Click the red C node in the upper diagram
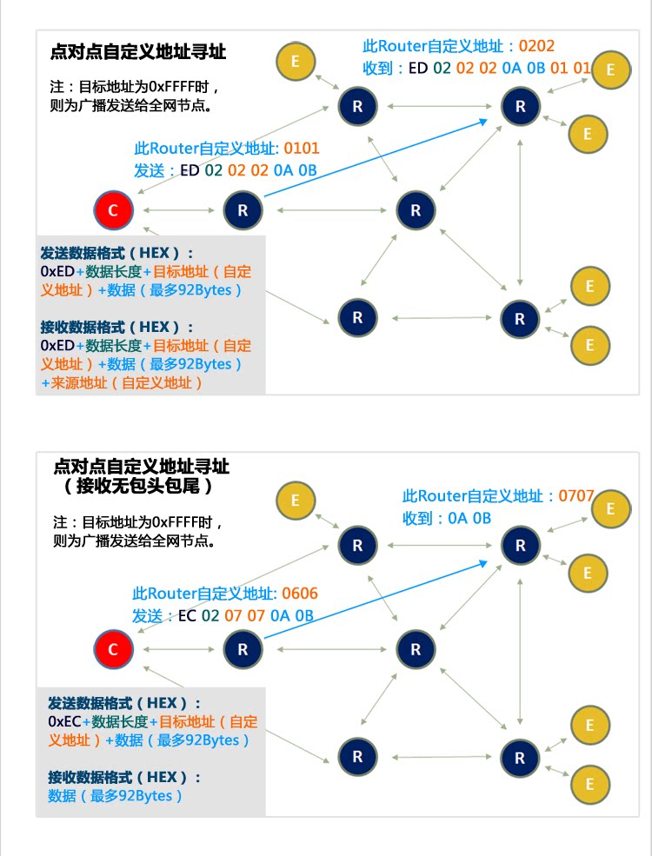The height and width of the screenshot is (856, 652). [113, 209]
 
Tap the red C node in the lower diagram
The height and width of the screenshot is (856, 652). [113, 649]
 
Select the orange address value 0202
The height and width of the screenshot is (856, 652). [536, 46]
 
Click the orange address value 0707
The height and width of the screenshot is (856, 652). [576, 496]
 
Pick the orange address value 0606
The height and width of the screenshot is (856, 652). [300, 594]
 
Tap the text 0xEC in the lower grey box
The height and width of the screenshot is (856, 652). [65, 722]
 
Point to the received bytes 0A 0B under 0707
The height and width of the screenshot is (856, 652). [469, 519]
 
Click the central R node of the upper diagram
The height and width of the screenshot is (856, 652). [416, 210]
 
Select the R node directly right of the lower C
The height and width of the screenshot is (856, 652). [243, 649]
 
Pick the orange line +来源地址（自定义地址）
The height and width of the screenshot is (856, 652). [122, 382]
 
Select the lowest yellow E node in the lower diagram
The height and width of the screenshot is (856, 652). [589, 783]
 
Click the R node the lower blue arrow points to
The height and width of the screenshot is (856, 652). [521, 546]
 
